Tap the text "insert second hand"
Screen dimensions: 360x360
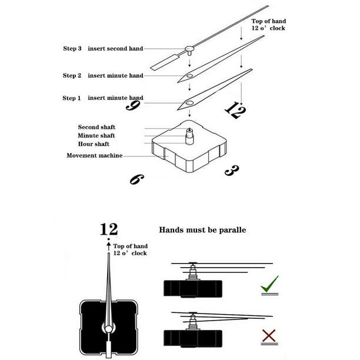(x=115, y=49)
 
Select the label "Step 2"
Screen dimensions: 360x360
(x=71, y=75)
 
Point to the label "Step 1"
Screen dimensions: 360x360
(x=71, y=98)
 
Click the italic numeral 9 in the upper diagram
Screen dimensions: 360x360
(x=134, y=106)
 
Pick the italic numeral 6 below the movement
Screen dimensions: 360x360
(x=135, y=178)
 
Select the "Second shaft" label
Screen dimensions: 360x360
(x=96, y=127)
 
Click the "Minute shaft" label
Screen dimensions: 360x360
(x=96, y=135)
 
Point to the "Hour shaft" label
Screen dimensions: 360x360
(x=94, y=144)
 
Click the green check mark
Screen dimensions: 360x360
(x=269, y=285)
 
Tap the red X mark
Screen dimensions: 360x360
(x=269, y=336)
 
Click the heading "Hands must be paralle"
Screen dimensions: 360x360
(x=203, y=230)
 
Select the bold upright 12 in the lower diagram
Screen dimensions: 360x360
(x=109, y=229)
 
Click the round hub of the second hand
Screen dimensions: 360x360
(x=189, y=49)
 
